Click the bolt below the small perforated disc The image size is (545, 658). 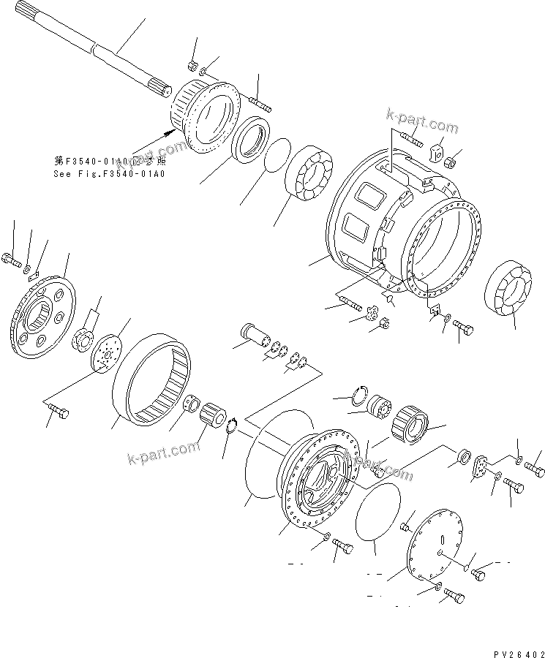(x=59, y=415)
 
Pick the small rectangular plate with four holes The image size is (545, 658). (x=481, y=468)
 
